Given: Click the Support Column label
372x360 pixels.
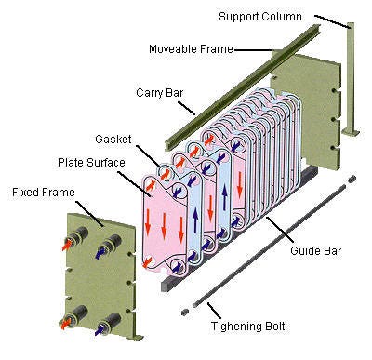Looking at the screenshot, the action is [260, 17].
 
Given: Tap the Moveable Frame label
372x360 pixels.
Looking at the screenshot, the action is [191, 49].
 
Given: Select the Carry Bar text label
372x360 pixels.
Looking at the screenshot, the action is [160, 93].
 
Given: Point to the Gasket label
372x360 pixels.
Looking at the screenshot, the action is [113, 139].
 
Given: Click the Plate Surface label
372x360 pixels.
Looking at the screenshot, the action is [91, 163].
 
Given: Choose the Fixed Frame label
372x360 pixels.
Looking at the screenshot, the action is [44, 193].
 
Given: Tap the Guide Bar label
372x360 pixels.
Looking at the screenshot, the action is [315, 250].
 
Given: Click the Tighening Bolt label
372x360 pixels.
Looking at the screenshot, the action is [248, 327].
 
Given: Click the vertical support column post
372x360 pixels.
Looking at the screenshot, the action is [351, 77].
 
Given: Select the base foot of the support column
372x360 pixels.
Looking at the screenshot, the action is [351, 132].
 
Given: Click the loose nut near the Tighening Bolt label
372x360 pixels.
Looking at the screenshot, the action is [185, 313].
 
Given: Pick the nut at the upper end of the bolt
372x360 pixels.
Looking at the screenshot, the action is [352, 179].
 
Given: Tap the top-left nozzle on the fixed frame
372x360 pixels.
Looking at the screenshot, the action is [77, 236].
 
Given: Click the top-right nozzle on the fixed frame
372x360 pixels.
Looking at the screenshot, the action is [111, 245].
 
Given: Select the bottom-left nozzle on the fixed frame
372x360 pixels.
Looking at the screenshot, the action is [75, 316].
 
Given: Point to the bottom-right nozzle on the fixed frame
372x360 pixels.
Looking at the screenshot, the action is [109, 324].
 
